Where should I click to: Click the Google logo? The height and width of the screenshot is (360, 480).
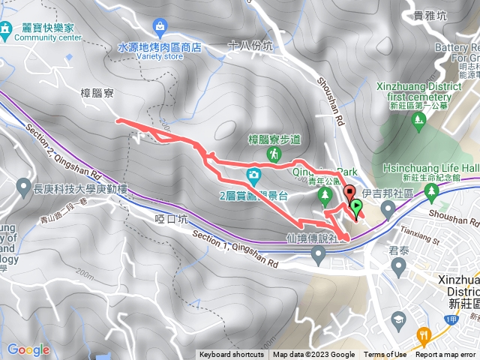tap(28, 349)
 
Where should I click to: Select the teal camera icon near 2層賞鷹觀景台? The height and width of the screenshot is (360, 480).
tap(253, 176)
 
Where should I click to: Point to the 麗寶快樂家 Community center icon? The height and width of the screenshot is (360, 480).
tap(5, 30)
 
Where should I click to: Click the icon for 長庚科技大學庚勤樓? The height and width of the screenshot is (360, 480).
tap(22, 184)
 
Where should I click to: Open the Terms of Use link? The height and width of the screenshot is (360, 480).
tap(385, 355)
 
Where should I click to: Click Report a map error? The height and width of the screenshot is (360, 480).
tap(446, 355)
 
